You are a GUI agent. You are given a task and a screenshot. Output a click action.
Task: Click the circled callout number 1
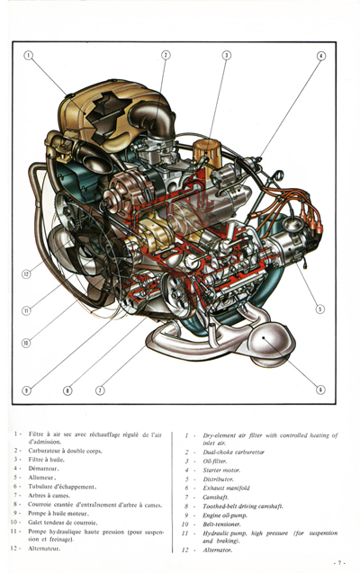click(x=28, y=55)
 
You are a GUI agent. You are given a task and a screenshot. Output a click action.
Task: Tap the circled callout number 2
click(x=166, y=55)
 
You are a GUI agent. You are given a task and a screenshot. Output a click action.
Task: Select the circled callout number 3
click(x=226, y=55)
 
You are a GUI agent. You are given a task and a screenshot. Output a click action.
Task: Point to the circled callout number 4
click(x=321, y=56)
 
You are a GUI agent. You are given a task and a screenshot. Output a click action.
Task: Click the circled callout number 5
click(x=319, y=309)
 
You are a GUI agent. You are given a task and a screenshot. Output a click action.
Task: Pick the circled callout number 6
click(x=320, y=389)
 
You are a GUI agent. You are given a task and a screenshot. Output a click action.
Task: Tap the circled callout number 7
click(x=100, y=390)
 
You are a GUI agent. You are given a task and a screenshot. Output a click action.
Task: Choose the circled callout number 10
click(x=26, y=343)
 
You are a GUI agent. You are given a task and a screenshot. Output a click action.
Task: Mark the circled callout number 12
click(x=26, y=273)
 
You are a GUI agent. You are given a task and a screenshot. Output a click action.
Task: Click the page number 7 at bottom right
click(x=339, y=562)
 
